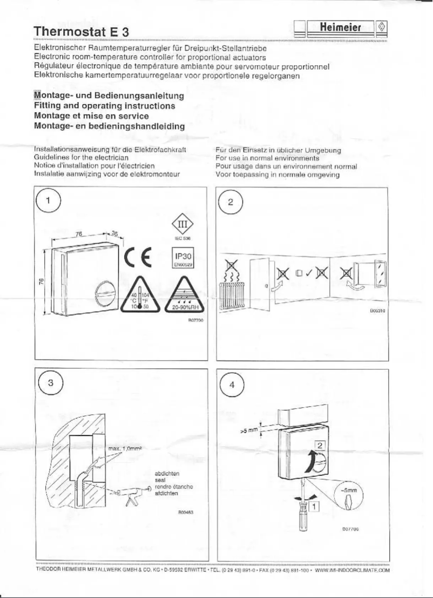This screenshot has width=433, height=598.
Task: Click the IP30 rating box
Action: click(x=183, y=256)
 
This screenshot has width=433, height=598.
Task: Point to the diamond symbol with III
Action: click(x=183, y=224)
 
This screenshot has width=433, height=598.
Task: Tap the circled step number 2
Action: click(x=232, y=203)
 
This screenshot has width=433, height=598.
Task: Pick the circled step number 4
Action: click(x=232, y=384)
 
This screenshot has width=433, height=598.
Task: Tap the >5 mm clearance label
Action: click(x=249, y=432)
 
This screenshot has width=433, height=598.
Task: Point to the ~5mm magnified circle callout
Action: click(x=348, y=494)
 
